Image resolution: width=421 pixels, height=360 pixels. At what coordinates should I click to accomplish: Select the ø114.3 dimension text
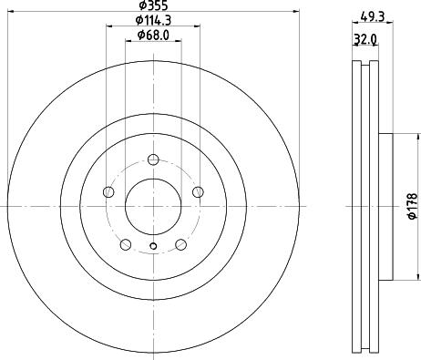(152, 20)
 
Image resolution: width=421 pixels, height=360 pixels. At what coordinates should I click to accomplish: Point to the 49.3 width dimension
(372, 15)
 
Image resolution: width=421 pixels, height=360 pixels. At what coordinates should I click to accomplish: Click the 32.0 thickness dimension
(365, 40)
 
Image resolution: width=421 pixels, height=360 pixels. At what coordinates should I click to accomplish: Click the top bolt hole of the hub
(153, 161)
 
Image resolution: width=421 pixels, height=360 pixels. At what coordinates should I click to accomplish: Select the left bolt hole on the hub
(108, 192)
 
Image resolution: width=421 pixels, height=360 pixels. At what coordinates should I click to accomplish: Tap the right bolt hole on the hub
(198, 192)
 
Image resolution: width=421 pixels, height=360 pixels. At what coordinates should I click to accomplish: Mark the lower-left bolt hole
(126, 244)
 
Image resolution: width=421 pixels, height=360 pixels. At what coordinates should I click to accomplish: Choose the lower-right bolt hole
(180, 244)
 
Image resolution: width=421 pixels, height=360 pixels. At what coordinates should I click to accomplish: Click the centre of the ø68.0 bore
(153, 207)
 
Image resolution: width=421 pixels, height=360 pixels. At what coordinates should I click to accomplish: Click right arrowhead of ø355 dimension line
(297, 12)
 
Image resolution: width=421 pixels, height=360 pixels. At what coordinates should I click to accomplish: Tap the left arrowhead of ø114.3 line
(109, 26)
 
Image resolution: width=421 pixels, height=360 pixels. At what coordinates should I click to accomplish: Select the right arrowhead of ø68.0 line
(179, 41)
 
